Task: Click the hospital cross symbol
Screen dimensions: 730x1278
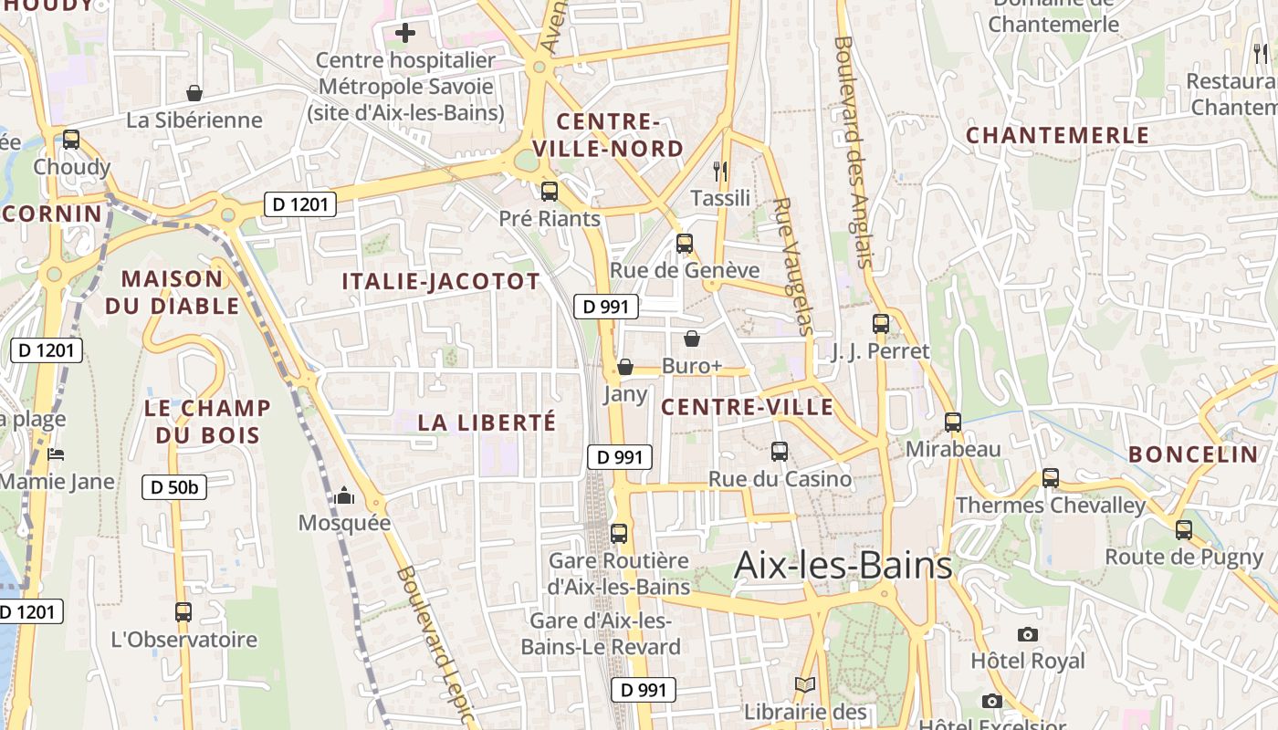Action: (x=405, y=34)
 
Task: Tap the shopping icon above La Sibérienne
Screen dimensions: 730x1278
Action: (x=194, y=93)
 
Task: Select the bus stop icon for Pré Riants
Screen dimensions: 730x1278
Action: (x=550, y=192)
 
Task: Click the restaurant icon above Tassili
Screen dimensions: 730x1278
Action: (x=720, y=171)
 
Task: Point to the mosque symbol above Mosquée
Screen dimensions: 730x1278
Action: (x=344, y=495)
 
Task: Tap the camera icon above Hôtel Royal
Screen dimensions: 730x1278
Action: (x=1028, y=634)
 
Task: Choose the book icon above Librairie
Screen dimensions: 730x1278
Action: (x=804, y=684)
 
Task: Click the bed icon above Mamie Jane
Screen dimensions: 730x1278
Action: (x=56, y=454)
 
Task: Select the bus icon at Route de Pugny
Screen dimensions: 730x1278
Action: (x=1184, y=529)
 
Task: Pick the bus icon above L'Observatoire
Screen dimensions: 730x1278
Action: (x=183, y=612)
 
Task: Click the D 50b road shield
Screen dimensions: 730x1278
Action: (x=174, y=487)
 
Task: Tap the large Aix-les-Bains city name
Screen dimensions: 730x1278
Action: (x=843, y=566)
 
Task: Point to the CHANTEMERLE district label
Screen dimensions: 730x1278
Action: (x=1058, y=135)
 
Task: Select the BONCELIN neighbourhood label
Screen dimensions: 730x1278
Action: (x=1193, y=454)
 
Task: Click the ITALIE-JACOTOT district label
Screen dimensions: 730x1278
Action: (x=441, y=281)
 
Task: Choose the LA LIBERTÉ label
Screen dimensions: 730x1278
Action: (x=487, y=422)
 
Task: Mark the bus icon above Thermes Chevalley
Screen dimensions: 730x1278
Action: (x=1051, y=477)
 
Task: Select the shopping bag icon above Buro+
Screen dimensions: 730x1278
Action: (x=692, y=339)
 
